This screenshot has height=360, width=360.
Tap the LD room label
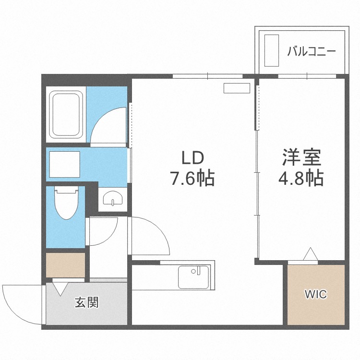point(193,158)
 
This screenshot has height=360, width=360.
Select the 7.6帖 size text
point(192,178)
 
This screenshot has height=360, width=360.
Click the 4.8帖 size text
point(301,178)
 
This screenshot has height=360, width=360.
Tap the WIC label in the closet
point(316,294)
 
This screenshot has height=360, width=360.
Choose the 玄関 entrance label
point(87,302)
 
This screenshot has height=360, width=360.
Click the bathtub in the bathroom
point(66,115)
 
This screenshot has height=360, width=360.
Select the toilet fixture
point(66,202)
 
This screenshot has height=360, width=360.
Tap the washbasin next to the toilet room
point(113,198)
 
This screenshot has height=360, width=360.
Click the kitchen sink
point(193,277)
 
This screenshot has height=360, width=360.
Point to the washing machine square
point(65,164)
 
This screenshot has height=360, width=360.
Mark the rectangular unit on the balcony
point(272,50)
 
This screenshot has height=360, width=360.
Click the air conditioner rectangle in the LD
point(237,88)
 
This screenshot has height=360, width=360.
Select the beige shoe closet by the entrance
point(66,265)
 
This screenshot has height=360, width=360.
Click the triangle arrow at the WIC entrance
point(311,254)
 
